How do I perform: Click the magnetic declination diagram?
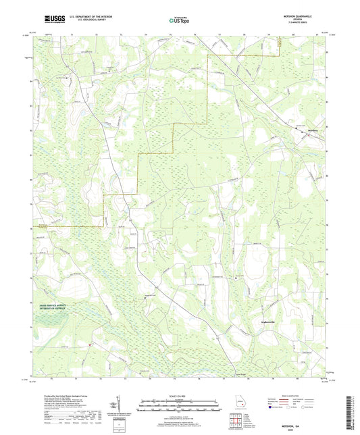coord(121,407)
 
